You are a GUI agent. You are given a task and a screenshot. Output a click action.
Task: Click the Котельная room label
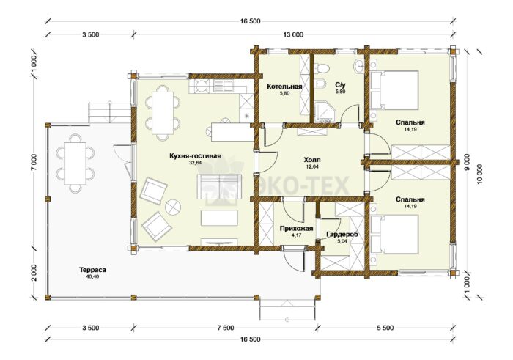[x=284, y=87]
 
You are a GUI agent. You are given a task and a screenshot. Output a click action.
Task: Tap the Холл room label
[x=312, y=160]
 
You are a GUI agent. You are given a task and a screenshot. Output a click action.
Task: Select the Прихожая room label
[x=296, y=229]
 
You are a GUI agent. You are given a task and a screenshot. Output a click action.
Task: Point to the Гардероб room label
[x=342, y=235]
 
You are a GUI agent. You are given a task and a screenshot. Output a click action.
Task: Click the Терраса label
[x=92, y=270]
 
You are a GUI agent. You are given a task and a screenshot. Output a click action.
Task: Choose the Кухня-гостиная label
[x=195, y=155]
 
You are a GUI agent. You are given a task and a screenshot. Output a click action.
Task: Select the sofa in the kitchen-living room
[x=219, y=186]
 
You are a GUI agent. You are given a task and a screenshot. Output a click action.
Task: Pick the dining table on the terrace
[x=75, y=163]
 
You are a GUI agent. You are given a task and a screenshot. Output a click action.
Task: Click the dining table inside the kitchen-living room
[x=163, y=113]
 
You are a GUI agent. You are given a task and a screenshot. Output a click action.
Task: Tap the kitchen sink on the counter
[x=223, y=87]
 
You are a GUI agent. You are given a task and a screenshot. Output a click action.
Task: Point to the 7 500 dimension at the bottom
[x=226, y=328]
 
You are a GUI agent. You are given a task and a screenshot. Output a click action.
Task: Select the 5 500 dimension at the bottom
[x=385, y=328]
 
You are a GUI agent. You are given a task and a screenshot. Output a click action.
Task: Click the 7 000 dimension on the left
[x=34, y=162]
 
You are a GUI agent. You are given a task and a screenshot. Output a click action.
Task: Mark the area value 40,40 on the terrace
[x=92, y=276]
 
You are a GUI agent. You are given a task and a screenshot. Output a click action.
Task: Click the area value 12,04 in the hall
[x=312, y=166]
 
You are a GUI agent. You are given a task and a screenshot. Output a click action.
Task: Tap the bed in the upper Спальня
[x=394, y=90]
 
